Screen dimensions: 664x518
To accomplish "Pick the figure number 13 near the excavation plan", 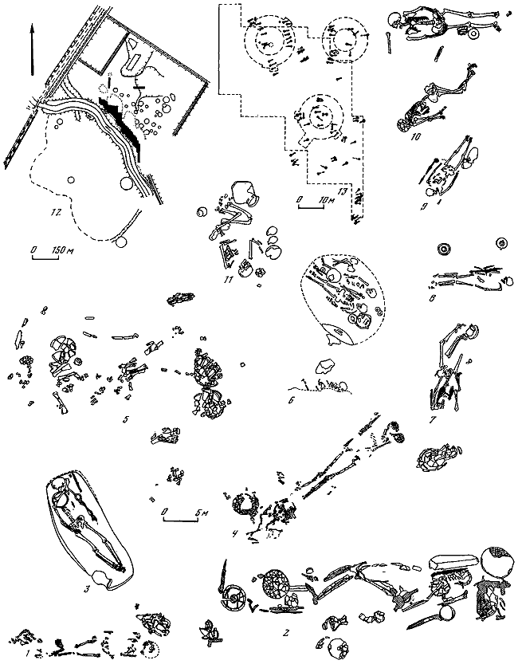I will [342, 191].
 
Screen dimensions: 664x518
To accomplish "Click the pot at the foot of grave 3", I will [100, 577].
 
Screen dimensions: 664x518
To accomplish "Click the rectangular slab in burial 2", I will [453, 564].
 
